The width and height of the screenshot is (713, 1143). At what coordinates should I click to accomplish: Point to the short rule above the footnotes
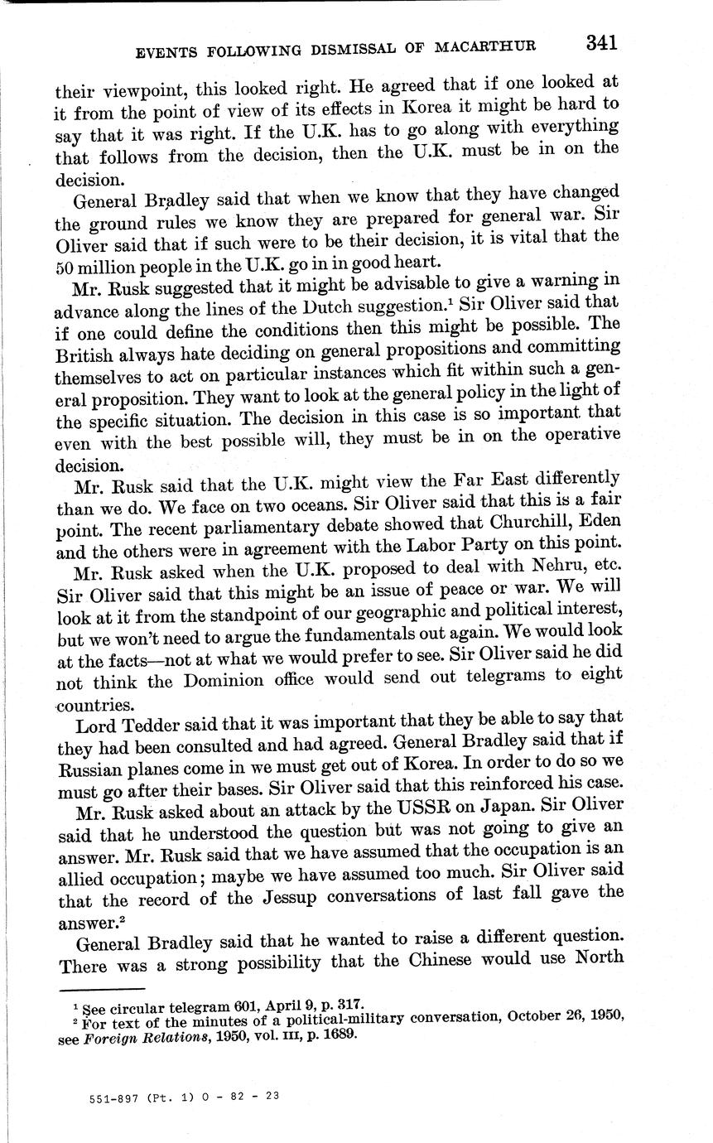pos(103,989)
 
